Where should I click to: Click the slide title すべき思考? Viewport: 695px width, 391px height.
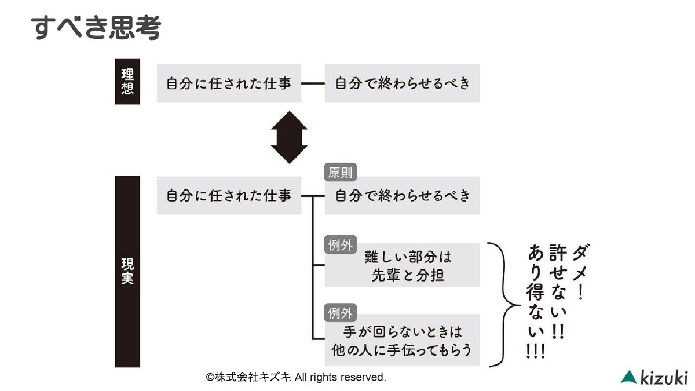point(95,27)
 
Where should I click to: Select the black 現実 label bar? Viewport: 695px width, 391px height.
point(127,271)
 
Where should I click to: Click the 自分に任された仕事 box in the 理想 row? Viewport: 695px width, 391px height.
point(229,83)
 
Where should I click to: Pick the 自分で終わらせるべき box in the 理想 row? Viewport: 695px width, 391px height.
point(402,83)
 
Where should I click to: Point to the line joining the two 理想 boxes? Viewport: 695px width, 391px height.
point(313,83)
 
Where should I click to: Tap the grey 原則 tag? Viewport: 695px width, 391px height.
point(340,173)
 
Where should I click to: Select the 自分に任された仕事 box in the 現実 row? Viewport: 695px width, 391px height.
point(229,196)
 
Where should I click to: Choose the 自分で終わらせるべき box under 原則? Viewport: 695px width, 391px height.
point(402,196)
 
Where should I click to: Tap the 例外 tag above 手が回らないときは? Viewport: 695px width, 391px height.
point(340,313)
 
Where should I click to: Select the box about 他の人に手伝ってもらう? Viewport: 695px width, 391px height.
point(402,341)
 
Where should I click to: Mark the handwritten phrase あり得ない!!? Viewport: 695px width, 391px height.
point(535,301)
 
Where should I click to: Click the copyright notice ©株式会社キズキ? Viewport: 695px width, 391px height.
point(295,377)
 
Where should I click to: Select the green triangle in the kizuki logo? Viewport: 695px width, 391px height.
point(628,377)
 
